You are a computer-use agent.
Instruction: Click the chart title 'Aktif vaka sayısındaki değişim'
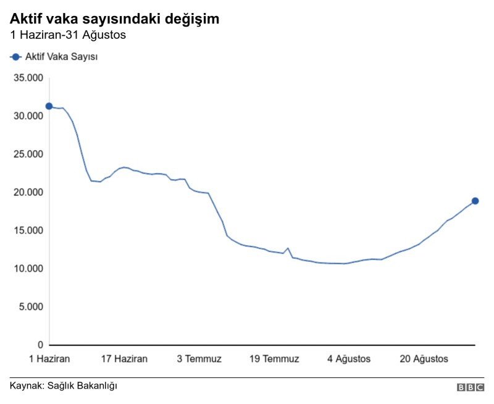click(x=114, y=19)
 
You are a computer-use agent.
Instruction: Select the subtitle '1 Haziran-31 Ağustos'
click(x=68, y=35)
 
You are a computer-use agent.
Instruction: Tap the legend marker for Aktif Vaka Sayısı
click(x=15, y=57)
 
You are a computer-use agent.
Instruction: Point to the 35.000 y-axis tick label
click(x=28, y=78)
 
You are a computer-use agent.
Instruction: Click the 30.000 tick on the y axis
click(x=28, y=116)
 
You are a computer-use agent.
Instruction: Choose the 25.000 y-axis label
click(x=28, y=154)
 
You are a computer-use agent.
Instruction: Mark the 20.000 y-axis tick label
click(x=28, y=192)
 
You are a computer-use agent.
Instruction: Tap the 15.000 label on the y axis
click(x=28, y=230)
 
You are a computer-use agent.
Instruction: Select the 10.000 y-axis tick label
click(x=28, y=269)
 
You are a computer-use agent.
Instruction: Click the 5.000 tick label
click(x=31, y=306)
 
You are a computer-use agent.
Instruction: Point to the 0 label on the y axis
click(x=40, y=345)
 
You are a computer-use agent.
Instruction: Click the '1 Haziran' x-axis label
click(x=49, y=359)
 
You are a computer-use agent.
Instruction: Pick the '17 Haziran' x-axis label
click(x=124, y=359)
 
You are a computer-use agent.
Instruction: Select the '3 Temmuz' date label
click(x=199, y=359)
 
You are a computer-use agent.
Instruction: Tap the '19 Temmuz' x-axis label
click(x=274, y=359)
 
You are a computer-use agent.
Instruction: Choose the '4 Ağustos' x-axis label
click(x=349, y=359)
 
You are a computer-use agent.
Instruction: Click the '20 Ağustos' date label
click(x=424, y=359)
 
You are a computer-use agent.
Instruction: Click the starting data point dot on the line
click(x=49, y=106)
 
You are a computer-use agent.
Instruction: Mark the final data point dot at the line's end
click(x=475, y=201)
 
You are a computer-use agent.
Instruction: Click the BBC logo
click(x=471, y=387)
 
